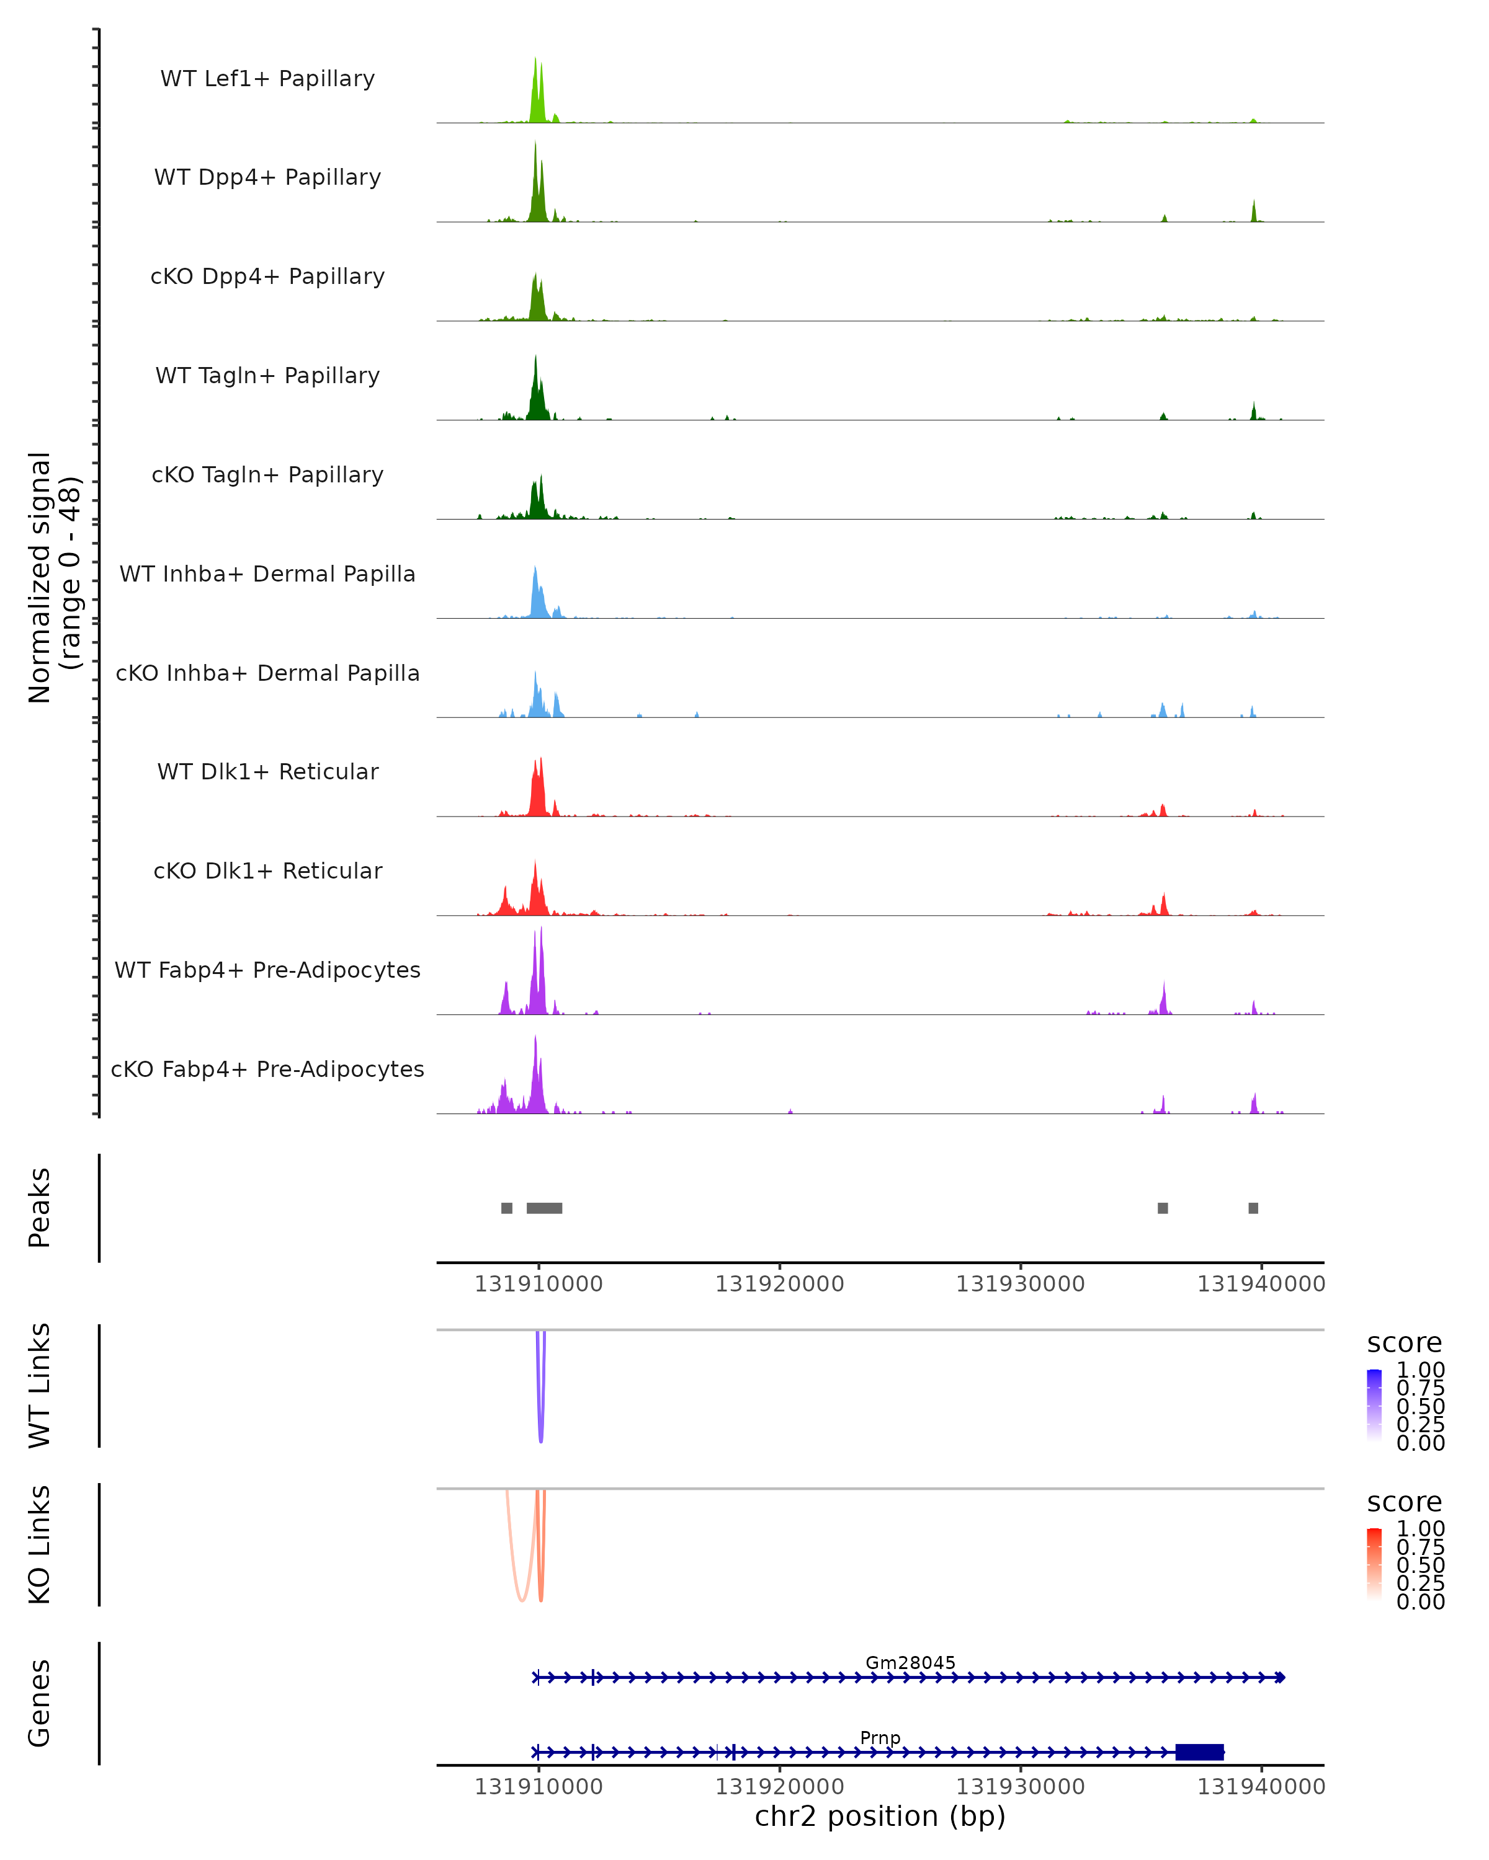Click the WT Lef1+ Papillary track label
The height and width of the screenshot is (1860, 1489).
pyautogui.click(x=267, y=79)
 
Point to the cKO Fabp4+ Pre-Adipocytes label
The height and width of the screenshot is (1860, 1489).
pyautogui.click(x=267, y=1069)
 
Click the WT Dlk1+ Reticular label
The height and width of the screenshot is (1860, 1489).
pyautogui.click(x=267, y=771)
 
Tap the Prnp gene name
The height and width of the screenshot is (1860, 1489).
pyautogui.click(x=880, y=1737)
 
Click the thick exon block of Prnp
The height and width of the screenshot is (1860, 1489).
pyautogui.click(x=1199, y=1751)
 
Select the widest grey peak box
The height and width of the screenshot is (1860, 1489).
pyautogui.click(x=544, y=1208)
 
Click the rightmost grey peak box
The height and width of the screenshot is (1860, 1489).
pyautogui.click(x=1253, y=1208)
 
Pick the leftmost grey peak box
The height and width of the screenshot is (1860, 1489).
pyautogui.click(x=507, y=1208)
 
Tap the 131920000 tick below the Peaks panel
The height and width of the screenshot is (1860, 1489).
pyautogui.click(x=779, y=1284)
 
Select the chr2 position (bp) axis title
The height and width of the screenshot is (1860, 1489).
pyautogui.click(x=880, y=1816)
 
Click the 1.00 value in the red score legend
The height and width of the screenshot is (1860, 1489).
pyautogui.click(x=1420, y=1529)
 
